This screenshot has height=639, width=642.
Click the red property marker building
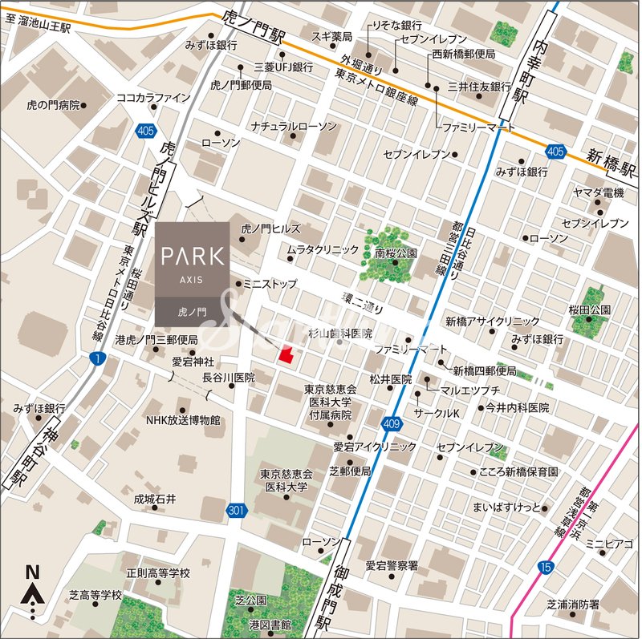[285, 354]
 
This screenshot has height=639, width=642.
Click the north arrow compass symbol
[33, 591]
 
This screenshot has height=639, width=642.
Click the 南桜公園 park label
[396, 253]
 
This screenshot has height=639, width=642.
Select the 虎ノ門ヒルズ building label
[276, 229]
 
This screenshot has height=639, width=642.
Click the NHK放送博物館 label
[182, 420]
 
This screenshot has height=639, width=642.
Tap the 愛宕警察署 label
[392, 565]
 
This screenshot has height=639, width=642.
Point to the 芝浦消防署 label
[572, 604]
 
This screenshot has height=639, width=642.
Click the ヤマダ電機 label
[598, 192]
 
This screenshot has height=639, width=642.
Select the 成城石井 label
[155, 499]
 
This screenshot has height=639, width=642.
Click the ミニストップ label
[270, 284]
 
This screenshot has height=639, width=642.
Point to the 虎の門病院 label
[53, 104]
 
